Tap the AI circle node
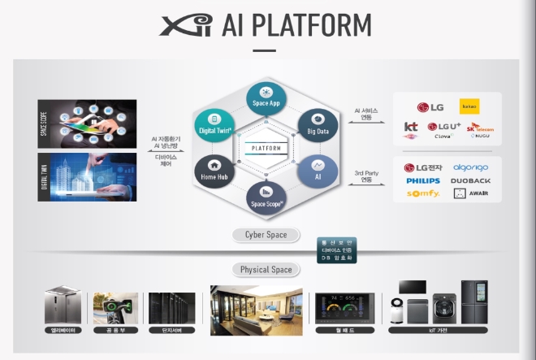tap(317, 170)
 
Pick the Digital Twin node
tap(215, 124)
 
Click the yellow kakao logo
tap(469, 106)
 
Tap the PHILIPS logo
tap(423, 180)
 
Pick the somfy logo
tap(422, 193)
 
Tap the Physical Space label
tap(266, 269)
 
